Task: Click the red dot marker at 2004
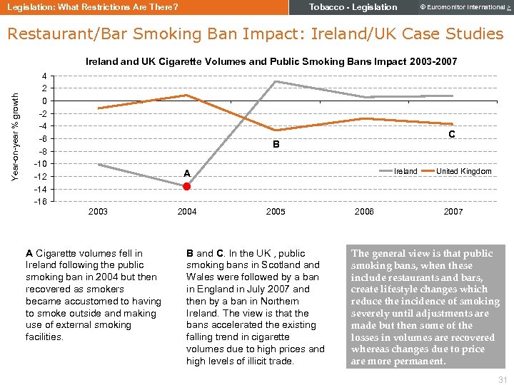point(186,186)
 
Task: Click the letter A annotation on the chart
point(186,173)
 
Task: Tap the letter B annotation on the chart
point(276,145)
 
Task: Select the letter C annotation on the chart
point(452,134)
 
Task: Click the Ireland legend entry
point(406,171)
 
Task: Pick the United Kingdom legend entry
point(463,171)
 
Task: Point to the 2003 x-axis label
point(98,212)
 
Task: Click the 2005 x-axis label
point(276,212)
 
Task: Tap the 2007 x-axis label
point(453,212)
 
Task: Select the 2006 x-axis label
point(364,212)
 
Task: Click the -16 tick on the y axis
point(41,202)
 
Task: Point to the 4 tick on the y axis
point(45,76)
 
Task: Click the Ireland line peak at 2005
point(276,81)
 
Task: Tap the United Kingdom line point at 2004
point(186,95)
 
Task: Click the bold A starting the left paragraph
point(29,253)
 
